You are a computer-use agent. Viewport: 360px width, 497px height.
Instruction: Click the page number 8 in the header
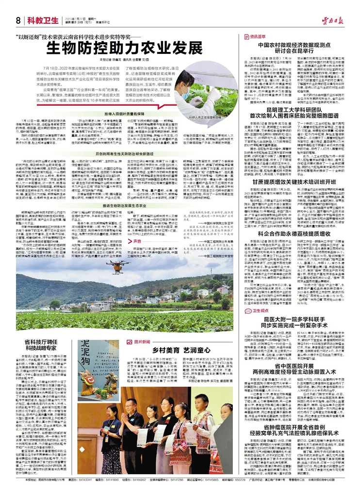pos(18,20)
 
